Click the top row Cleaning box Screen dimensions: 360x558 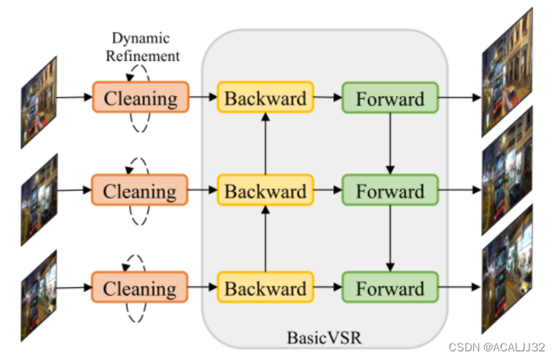point(140,97)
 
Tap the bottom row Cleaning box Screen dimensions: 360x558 point(140,286)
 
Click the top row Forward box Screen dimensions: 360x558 point(389,97)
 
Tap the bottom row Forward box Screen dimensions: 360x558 point(389,286)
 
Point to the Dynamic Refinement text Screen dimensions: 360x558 point(146,48)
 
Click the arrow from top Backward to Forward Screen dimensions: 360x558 point(326,97)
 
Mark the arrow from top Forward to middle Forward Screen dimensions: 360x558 point(391,142)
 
